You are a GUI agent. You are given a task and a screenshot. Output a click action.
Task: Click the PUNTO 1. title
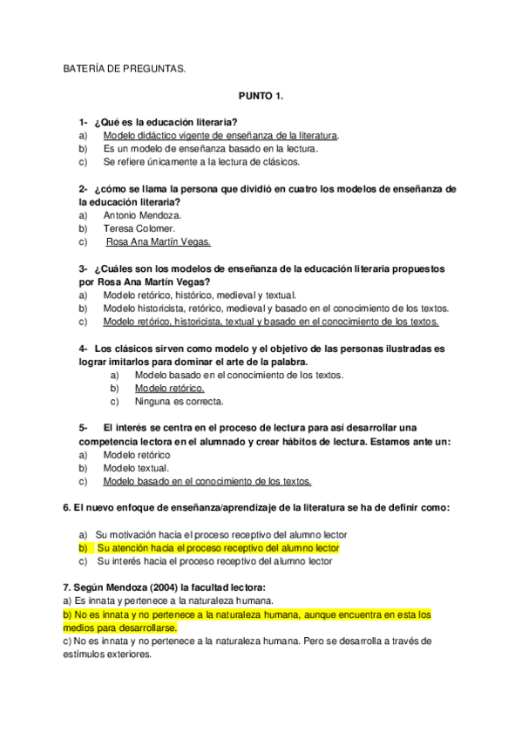point(261,98)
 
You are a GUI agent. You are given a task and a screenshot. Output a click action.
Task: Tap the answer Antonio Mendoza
point(141,214)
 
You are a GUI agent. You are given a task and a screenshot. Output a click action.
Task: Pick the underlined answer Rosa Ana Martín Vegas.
point(158,242)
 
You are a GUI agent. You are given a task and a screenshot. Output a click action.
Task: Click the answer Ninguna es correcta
point(179,402)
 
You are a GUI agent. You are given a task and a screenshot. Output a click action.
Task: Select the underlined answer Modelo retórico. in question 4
point(170,388)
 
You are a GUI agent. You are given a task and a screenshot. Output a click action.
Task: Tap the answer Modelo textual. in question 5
point(136,467)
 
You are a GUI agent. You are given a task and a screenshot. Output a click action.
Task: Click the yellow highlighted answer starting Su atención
point(217,548)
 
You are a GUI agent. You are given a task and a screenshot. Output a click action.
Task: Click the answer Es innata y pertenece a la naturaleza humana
point(173,600)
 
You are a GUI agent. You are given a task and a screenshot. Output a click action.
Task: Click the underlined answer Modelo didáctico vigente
point(220,136)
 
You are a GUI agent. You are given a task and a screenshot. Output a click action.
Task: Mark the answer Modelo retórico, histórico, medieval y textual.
point(200,295)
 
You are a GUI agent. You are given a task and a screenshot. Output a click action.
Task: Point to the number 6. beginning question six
point(67,507)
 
